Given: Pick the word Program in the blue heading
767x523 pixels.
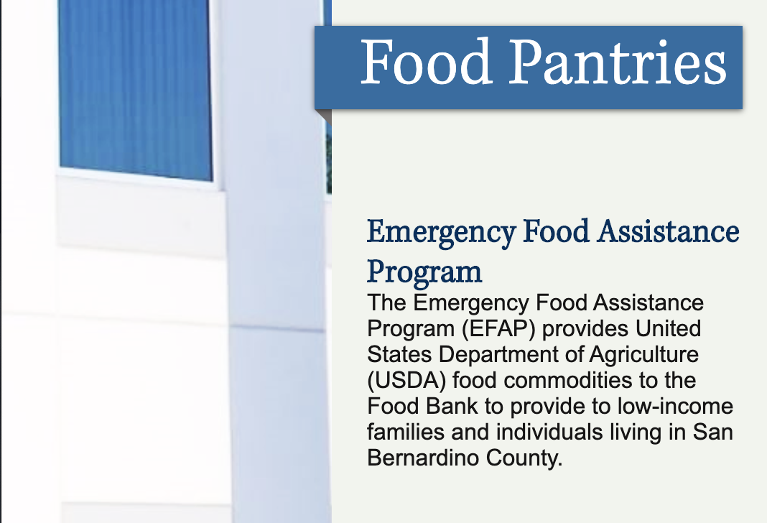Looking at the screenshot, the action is (x=424, y=272).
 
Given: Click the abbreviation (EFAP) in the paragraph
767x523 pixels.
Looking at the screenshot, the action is (x=498, y=329).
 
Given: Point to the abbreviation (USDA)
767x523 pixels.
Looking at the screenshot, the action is (x=406, y=381).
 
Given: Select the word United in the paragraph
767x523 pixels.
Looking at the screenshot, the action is (x=668, y=328).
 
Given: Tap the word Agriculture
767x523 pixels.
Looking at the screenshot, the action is (x=643, y=355).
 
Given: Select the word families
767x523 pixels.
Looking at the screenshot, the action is (x=406, y=432).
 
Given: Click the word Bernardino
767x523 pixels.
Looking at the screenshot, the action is (x=423, y=458).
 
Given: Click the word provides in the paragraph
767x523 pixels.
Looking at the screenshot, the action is (x=585, y=329).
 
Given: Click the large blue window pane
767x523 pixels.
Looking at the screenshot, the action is (x=136, y=90).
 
